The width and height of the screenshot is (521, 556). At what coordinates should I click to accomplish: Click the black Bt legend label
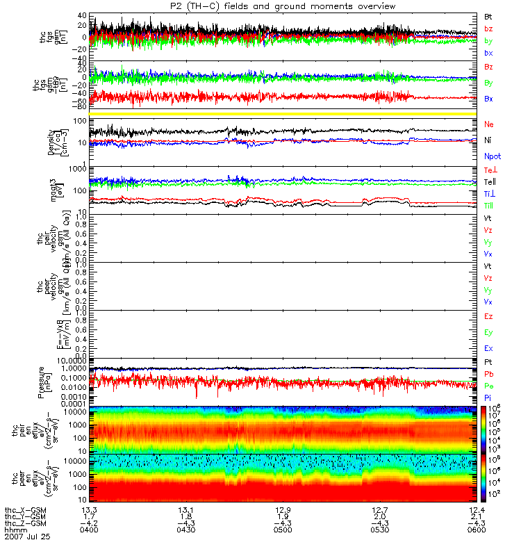point(489,15)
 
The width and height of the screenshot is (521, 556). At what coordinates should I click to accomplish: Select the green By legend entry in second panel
point(489,83)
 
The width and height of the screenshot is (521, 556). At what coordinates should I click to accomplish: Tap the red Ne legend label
point(489,124)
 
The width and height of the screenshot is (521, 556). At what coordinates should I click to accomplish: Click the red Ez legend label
point(489,316)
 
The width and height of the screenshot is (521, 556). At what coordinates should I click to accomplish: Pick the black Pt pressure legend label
point(489,363)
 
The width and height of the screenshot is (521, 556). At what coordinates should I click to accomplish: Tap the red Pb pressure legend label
point(489,375)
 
